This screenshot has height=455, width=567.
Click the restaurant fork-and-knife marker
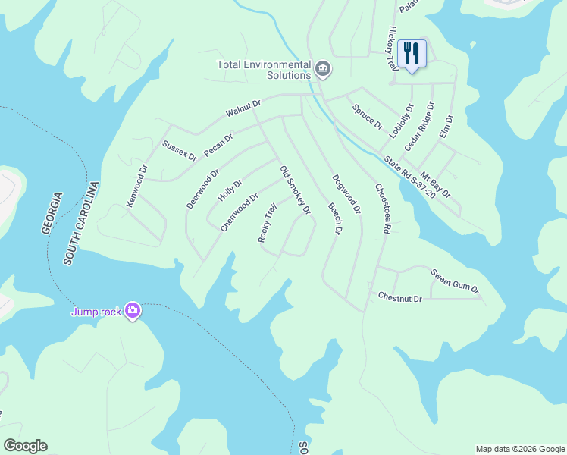tap(412, 55)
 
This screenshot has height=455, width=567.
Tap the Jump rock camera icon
tap(133, 310)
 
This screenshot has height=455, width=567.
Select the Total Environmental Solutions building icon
tap(323, 70)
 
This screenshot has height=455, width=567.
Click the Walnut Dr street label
tap(243, 108)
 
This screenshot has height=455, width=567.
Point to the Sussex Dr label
tap(180, 150)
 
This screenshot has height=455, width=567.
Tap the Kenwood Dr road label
tap(136, 186)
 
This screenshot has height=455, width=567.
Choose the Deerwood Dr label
tap(202, 189)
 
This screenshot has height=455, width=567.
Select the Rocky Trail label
tap(267, 222)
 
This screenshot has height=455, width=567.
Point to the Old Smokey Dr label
tap(296, 190)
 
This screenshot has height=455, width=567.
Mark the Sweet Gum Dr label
tap(455, 281)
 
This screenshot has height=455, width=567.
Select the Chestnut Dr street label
tap(399, 299)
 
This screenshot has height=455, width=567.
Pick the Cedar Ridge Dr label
tap(418, 126)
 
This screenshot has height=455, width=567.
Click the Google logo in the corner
tap(25, 446)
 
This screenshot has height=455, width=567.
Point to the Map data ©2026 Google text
tap(519, 449)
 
